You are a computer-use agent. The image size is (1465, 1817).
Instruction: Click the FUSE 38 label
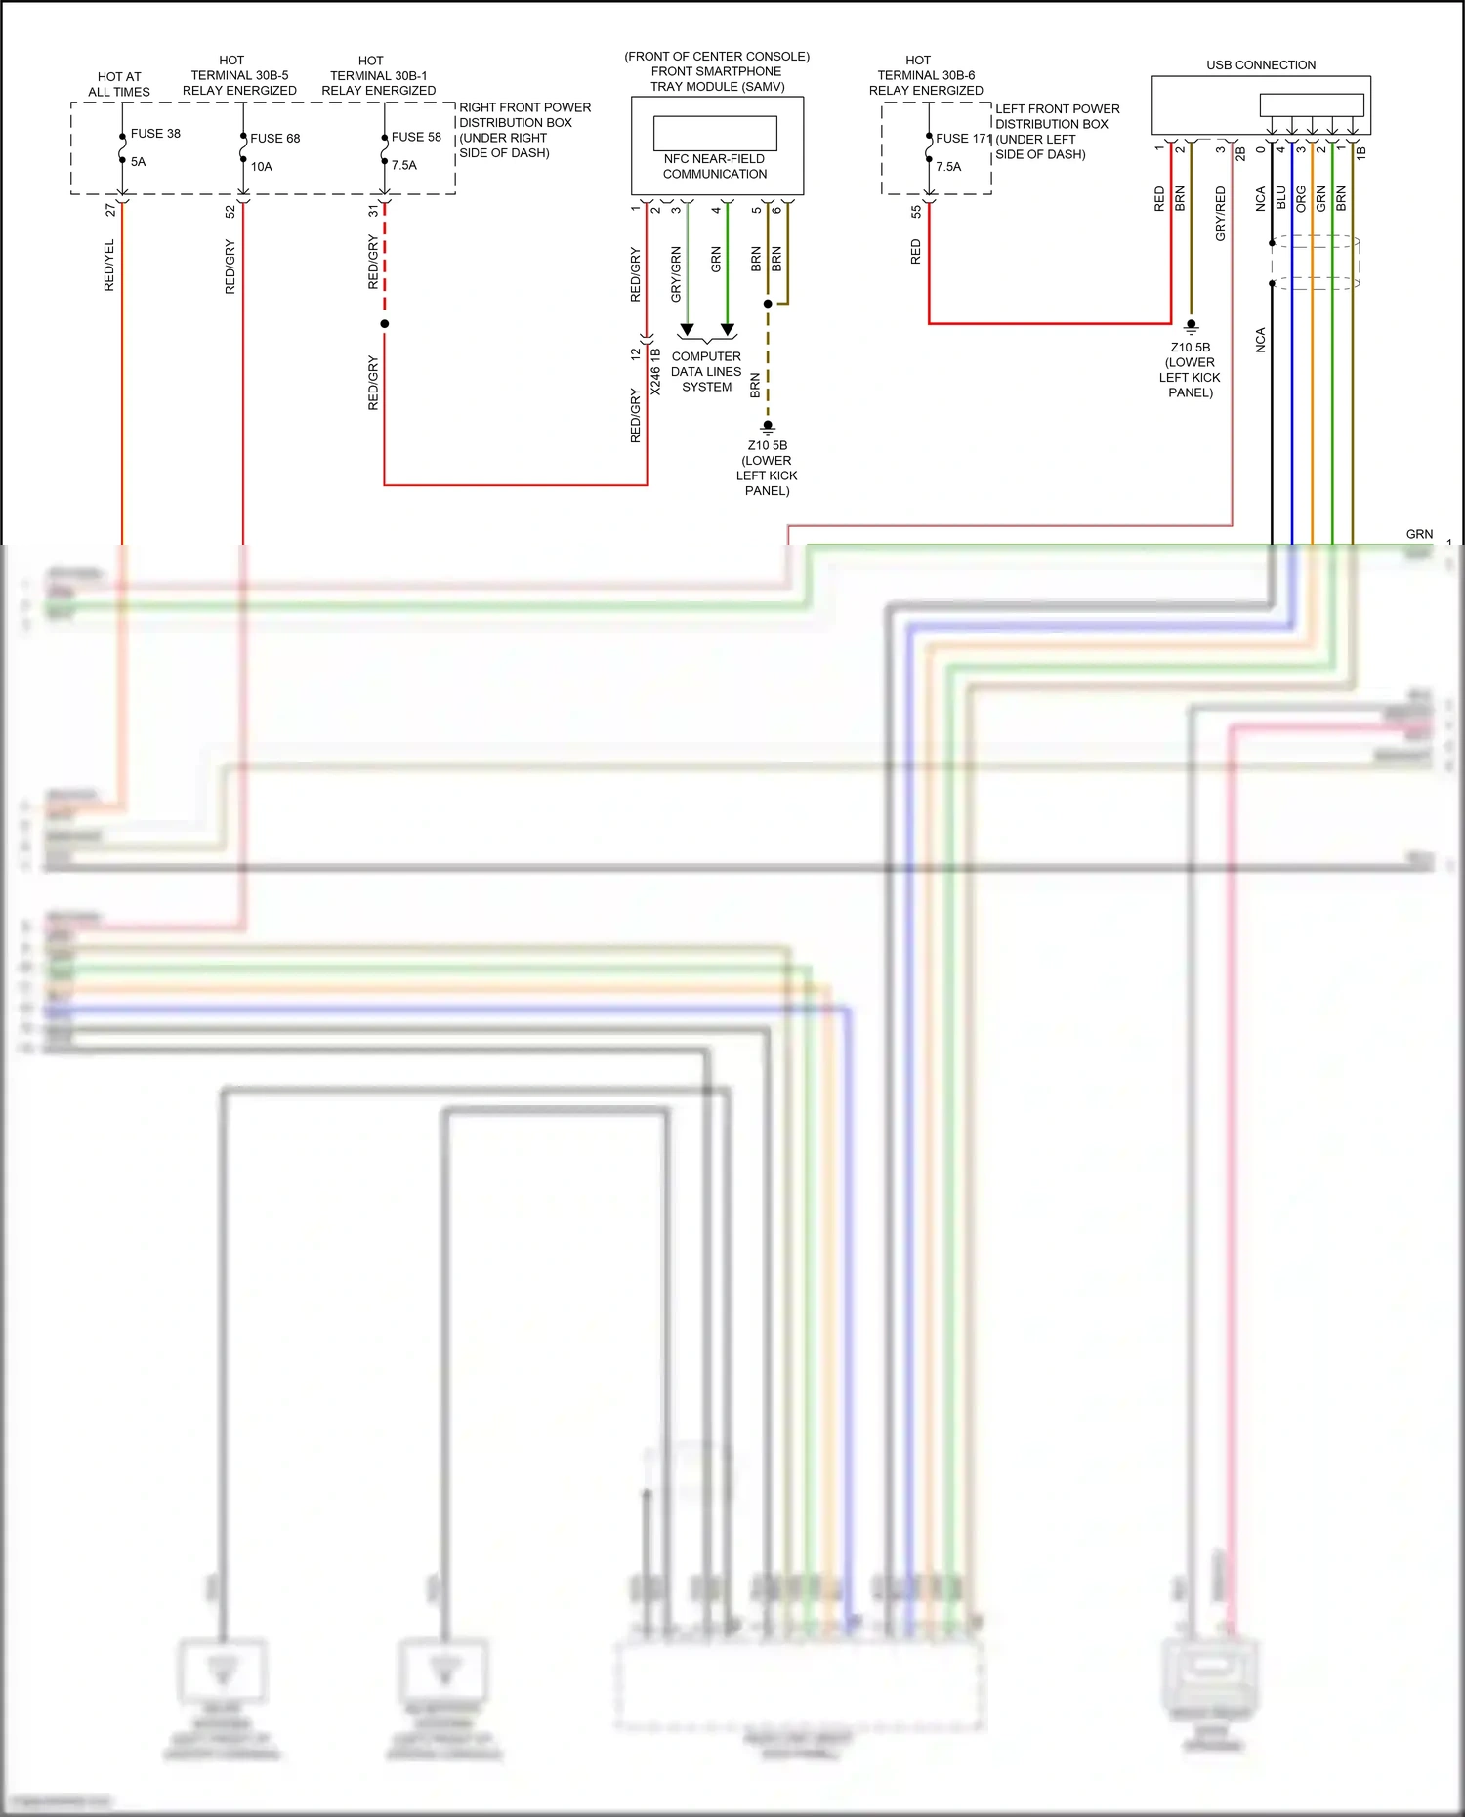pos(155,134)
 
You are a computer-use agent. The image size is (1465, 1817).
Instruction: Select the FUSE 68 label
pos(274,139)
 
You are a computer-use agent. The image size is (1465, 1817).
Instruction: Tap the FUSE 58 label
pos(416,138)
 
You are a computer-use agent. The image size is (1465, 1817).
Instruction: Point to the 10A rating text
pos(262,167)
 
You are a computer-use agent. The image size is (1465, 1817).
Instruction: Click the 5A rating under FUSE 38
pos(138,162)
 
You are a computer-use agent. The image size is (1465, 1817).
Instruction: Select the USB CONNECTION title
pos(1260,65)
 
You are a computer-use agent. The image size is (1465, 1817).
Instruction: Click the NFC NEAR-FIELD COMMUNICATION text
pos(715,167)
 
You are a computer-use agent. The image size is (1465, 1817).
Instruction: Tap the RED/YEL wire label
pos(109,266)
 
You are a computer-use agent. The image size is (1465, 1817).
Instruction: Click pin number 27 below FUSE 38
pos(110,210)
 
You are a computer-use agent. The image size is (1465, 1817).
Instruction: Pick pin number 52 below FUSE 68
pos(230,211)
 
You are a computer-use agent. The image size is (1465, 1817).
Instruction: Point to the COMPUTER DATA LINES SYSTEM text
pos(706,372)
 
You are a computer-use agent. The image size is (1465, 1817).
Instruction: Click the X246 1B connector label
pos(655,371)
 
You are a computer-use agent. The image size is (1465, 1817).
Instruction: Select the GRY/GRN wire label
pos(676,274)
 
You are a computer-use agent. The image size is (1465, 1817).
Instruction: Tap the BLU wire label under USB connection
pos(1280,199)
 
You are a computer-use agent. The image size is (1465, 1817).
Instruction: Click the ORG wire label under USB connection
pos(1301,199)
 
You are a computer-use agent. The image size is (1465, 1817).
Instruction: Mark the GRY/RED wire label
pos(1220,214)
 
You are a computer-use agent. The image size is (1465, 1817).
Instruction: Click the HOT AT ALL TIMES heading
pos(119,84)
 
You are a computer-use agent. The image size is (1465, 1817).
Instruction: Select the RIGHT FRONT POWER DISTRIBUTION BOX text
pos(524,130)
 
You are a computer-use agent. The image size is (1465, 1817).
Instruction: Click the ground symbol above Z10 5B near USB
pos(1191,326)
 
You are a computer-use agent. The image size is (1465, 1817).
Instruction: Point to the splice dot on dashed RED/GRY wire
pos(385,324)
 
